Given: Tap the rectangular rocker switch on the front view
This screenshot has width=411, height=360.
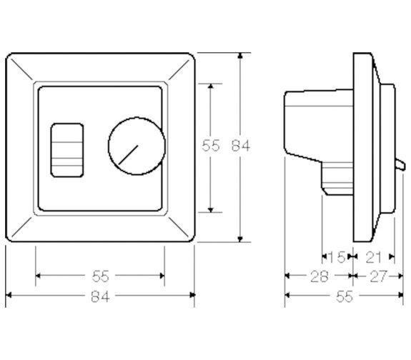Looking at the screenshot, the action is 67,150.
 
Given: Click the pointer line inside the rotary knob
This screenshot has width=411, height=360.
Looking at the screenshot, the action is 128,154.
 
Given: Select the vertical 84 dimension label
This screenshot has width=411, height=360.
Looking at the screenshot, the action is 241,146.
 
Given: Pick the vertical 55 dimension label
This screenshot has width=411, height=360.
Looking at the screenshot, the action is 211,146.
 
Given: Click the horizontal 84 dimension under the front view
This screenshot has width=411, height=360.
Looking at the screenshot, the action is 100,297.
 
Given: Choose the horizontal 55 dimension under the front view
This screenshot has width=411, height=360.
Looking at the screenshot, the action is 100,276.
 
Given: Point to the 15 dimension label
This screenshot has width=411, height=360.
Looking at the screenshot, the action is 337,257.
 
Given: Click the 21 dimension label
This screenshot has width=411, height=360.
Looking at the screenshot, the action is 373,257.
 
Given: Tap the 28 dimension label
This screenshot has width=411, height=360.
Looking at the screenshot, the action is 320,276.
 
